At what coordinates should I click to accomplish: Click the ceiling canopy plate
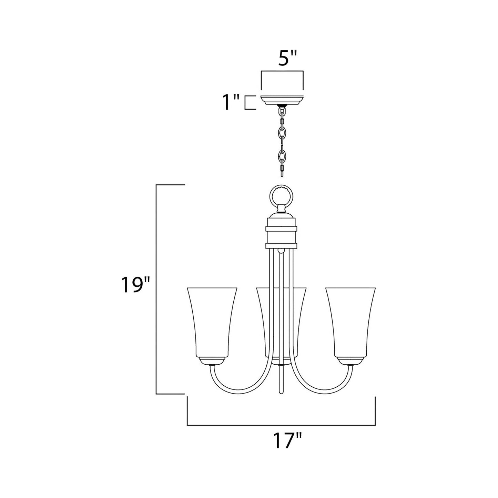pos(282,100)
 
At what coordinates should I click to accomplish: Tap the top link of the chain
pos(282,112)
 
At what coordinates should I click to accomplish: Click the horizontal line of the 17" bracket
pos(281,425)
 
